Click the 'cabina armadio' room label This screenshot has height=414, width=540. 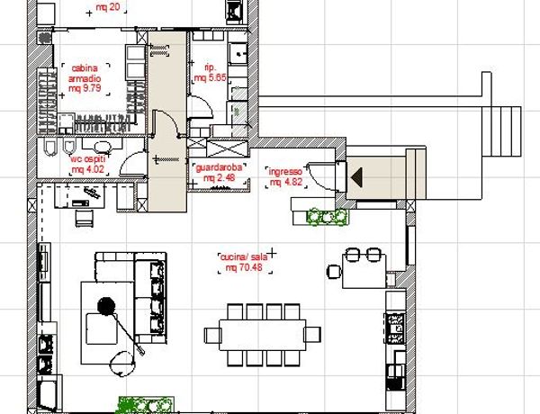pyautogui.click(x=85, y=74)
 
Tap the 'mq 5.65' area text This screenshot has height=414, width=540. pyautogui.click(x=210, y=77)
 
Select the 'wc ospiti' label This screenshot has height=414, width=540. pyautogui.click(x=88, y=159)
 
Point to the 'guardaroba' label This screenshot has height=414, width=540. pyautogui.click(x=219, y=167)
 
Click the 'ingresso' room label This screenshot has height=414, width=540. pyautogui.click(x=285, y=172)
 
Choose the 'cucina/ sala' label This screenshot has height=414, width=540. pyautogui.click(x=244, y=256)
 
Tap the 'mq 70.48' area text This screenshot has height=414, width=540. pyautogui.click(x=244, y=267)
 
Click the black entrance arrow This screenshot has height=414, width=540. pyautogui.click(x=356, y=177)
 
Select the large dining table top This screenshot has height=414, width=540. pyautogui.click(x=263, y=335)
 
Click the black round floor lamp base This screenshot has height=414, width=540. pyautogui.click(x=106, y=306)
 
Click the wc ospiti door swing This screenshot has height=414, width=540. pyautogui.click(x=131, y=163)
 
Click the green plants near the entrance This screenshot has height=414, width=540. pyautogui.click(x=328, y=217)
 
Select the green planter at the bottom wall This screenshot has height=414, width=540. pyautogui.click(x=146, y=405)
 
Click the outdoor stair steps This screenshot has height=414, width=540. pyautogui.click(x=501, y=131)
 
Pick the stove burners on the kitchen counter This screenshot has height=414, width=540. pyautogui.click(x=395, y=328)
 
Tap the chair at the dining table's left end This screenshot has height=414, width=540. pyautogui.click(x=213, y=335)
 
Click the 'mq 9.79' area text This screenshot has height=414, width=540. pyautogui.click(x=85, y=88)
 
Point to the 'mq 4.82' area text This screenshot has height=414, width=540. pyautogui.click(x=285, y=182)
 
